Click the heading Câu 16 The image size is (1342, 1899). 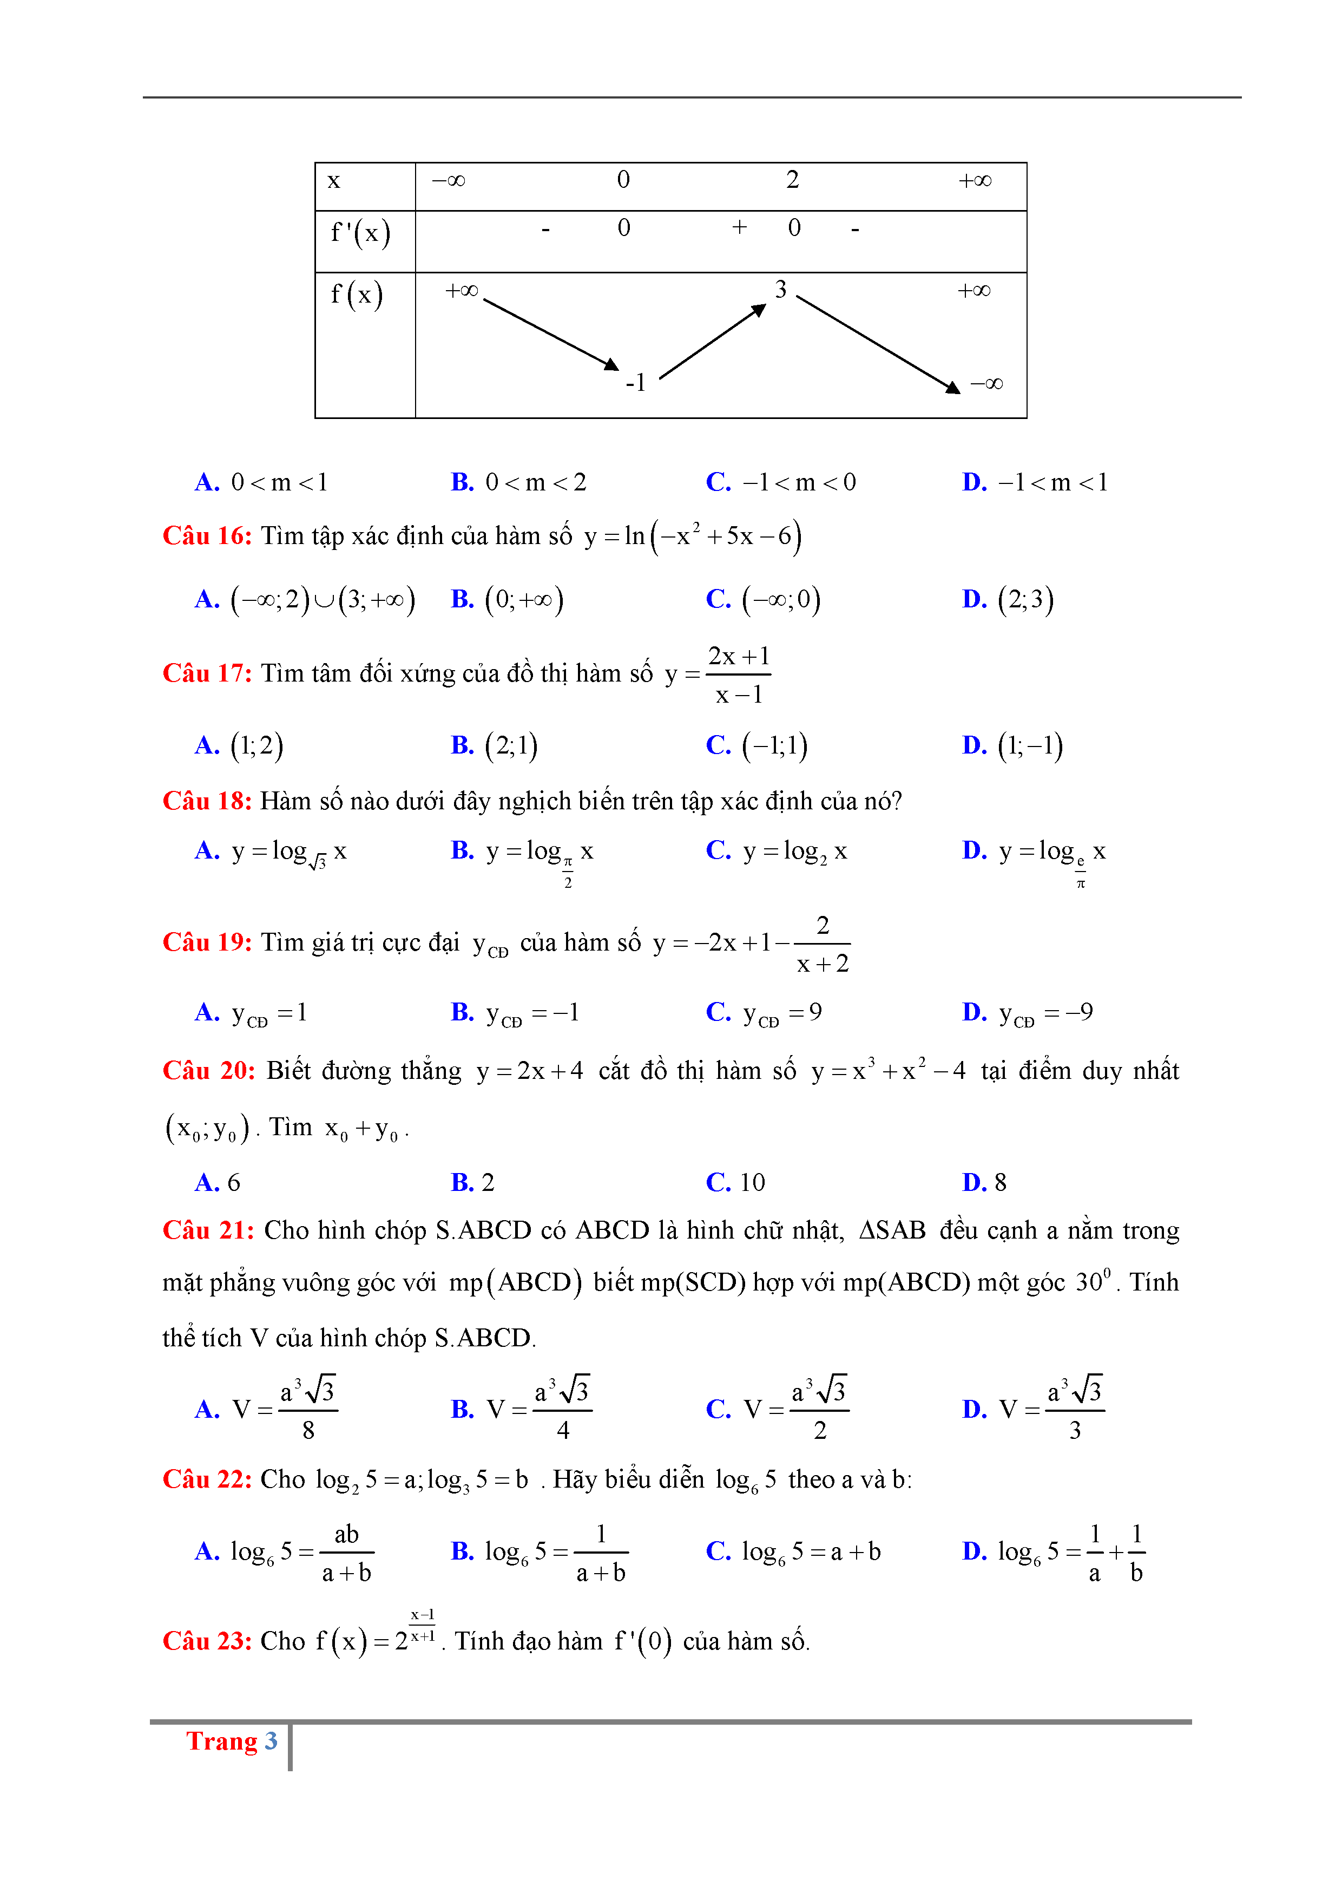pos(207,536)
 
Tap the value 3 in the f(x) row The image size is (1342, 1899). pos(780,290)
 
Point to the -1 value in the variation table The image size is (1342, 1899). pos(635,383)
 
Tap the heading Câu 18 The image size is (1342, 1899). pos(207,801)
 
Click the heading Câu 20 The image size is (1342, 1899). pos(208,1070)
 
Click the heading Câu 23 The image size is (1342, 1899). pos(207,1641)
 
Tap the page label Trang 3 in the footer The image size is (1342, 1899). pos(232,1741)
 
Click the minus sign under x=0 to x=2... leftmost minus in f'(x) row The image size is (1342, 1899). pos(546,229)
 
